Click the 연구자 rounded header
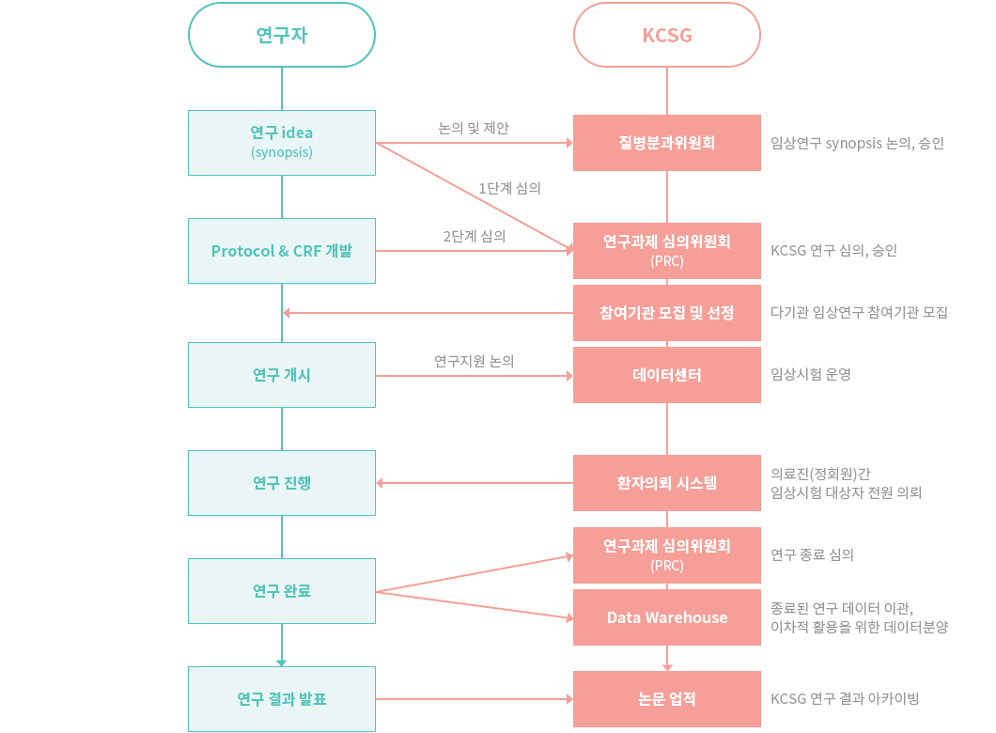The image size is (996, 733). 281,35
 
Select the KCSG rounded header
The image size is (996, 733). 667,35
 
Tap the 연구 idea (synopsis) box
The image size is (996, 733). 281,143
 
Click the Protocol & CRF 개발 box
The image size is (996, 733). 281,251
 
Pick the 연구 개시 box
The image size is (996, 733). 281,375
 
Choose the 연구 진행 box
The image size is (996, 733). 281,483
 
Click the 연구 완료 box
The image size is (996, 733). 281,591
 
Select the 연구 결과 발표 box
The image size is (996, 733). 281,699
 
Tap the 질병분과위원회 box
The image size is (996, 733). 667,143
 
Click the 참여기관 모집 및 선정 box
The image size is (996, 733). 667,313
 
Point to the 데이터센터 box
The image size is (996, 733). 667,375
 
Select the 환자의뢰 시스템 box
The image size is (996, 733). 667,483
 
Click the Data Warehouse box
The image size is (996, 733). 667,617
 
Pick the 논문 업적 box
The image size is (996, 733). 667,699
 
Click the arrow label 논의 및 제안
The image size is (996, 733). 474,129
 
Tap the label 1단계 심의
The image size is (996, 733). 509,188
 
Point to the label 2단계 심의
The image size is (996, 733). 475,236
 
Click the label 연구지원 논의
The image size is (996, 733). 475,361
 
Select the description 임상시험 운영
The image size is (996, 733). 811,374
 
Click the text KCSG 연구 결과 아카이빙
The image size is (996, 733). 845,699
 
